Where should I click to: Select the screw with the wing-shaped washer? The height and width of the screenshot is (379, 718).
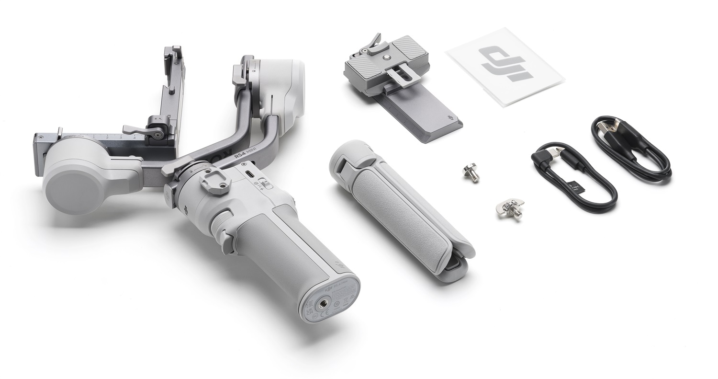click(x=509, y=207)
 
